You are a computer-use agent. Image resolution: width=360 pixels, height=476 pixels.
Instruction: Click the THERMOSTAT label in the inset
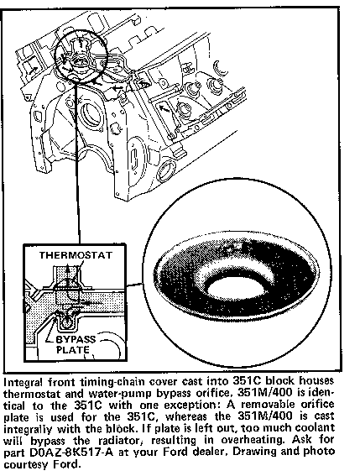tap(76, 255)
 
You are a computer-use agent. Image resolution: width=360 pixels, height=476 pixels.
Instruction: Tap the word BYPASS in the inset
tap(76, 339)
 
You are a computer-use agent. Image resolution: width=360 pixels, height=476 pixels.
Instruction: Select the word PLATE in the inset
tap(73, 350)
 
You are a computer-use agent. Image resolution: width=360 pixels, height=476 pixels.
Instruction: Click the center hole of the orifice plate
tap(228, 290)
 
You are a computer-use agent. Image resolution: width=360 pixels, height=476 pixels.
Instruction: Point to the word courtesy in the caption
tap(26, 464)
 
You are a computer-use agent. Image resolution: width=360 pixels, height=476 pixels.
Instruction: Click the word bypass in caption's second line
tap(169, 394)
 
